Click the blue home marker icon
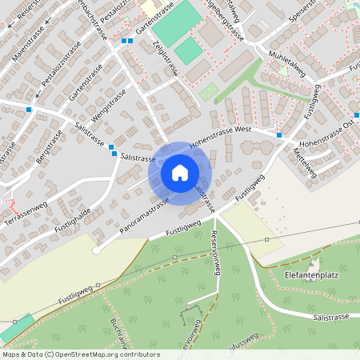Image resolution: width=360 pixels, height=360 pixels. point(180,172)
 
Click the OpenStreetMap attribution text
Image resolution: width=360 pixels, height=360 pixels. point(80,354)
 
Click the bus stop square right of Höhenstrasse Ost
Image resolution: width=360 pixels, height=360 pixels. point(356,116)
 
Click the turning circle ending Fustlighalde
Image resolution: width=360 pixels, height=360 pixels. point(96,250)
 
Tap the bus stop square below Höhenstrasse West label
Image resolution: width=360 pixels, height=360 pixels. point(278,135)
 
